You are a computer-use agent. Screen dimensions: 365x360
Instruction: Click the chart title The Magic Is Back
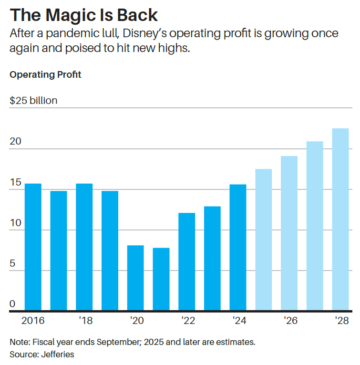[84, 15]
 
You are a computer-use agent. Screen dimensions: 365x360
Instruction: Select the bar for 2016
[33, 247]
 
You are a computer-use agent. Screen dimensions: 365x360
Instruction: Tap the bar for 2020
[135, 278]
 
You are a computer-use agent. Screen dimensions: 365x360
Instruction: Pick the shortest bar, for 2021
[161, 279]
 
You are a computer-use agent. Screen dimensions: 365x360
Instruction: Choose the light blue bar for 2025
[264, 240]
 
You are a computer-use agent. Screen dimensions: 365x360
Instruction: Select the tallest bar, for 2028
[340, 219]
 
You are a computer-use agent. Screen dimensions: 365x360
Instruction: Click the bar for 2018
[84, 247]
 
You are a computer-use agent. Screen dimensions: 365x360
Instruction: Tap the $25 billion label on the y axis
[33, 101]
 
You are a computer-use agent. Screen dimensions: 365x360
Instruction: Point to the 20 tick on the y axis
[15, 142]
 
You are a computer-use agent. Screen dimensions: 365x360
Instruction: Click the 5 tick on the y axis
[13, 263]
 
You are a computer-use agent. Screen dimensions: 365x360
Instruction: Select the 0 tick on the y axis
[13, 304]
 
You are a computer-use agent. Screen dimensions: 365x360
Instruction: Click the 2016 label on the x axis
[33, 320]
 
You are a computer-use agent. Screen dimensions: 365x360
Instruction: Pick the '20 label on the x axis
[135, 320]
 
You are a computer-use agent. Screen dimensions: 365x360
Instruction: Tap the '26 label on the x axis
[290, 320]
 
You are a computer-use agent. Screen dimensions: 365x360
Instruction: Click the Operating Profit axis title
[45, 75]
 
